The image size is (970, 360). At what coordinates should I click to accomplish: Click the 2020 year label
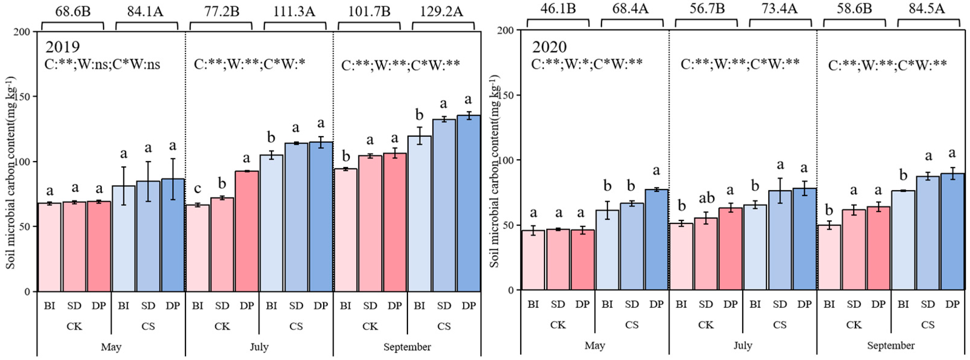pyautogui.click(x=549, y=47)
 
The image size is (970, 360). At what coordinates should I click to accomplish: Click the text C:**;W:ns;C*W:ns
pyautogui.click(x=102, y=64)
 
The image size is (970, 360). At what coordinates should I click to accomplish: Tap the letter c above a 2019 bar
pyautogui.click(x=197, y=188)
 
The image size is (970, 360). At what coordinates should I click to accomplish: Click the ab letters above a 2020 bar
pyautogui.click(x=706, y=197)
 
